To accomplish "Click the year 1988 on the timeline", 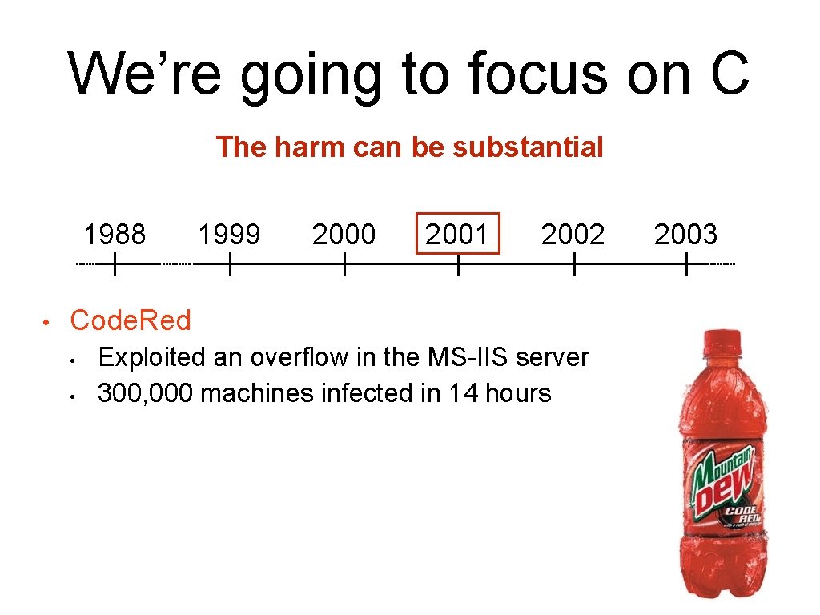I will tap(115, 235).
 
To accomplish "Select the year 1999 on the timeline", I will tap(229, 235).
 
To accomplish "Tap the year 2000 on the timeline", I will tap(344, 235).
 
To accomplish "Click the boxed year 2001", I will tap(457, 234).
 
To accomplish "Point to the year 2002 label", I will tap(573, 235).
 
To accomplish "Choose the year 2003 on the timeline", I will tap(685, 235).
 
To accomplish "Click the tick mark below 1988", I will tap(115, 264).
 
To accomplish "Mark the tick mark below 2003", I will tap(686, 264).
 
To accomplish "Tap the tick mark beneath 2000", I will tap(344, 264).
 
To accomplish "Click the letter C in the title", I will tap(729, 74).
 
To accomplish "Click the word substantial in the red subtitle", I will tap(528, 147).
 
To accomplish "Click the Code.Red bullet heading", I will tap(131, 320).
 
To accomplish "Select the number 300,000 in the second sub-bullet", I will tap(145, 393).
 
